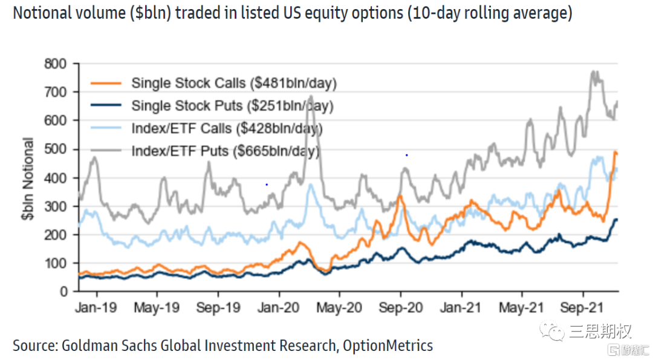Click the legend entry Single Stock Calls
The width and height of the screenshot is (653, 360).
coord(233,83)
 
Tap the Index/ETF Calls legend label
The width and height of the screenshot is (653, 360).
coord(227,128)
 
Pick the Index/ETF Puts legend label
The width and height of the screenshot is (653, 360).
coord(225,151)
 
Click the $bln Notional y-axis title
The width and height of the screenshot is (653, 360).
coord(28,180)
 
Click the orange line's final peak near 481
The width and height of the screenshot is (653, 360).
coord(615,152)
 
